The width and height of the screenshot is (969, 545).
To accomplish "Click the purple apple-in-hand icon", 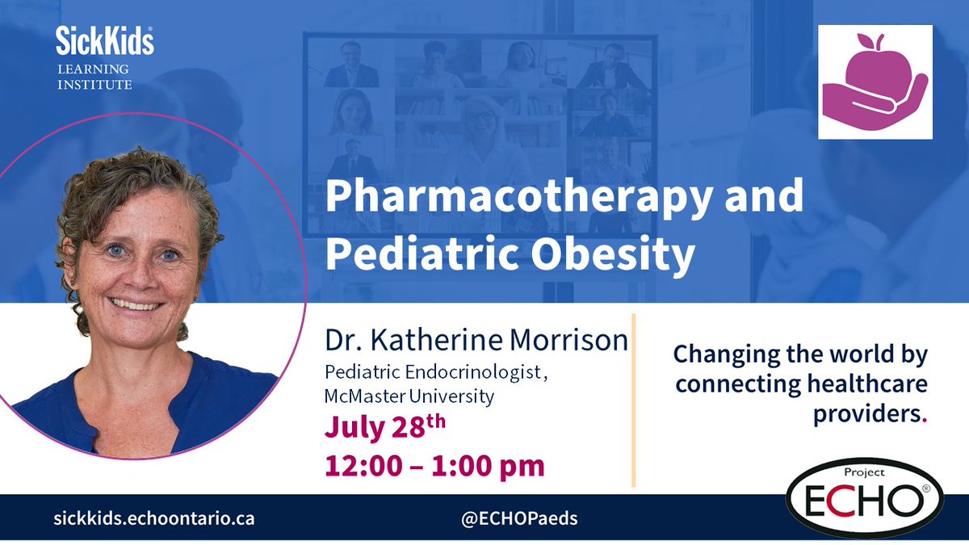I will (875, 82).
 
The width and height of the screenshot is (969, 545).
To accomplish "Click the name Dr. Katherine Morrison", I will (476, 340).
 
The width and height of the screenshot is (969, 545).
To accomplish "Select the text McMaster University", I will (409, 396).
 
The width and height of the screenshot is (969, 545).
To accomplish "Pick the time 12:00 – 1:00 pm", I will (434, 465).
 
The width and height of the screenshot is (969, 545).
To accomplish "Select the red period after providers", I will (924, 420).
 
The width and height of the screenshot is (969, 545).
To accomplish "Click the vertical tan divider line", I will (633, 400).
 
